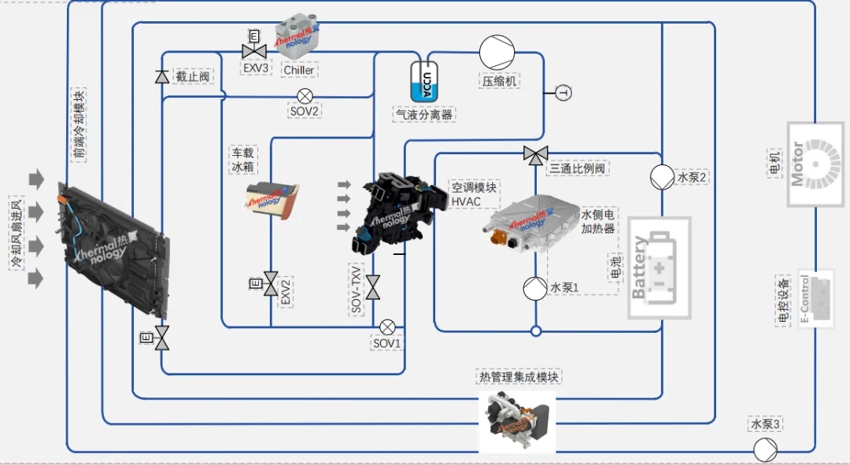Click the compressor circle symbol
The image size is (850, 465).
(497, 53)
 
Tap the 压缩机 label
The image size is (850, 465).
(501, 81)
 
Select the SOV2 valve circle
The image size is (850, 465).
(305, 96)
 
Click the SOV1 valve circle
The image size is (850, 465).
(387, 327)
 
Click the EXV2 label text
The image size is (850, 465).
(286, 291)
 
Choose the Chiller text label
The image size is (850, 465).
(298, 70)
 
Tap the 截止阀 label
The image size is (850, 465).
(193, 76)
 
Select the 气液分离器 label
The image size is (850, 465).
(426, 114)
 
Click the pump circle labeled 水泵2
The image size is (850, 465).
(661, 177)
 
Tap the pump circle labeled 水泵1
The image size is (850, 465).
(535, 288)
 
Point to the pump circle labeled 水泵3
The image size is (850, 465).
(765, 450)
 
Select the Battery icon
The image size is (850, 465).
(659, 268)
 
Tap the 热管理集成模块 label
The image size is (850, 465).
(519, 377)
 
